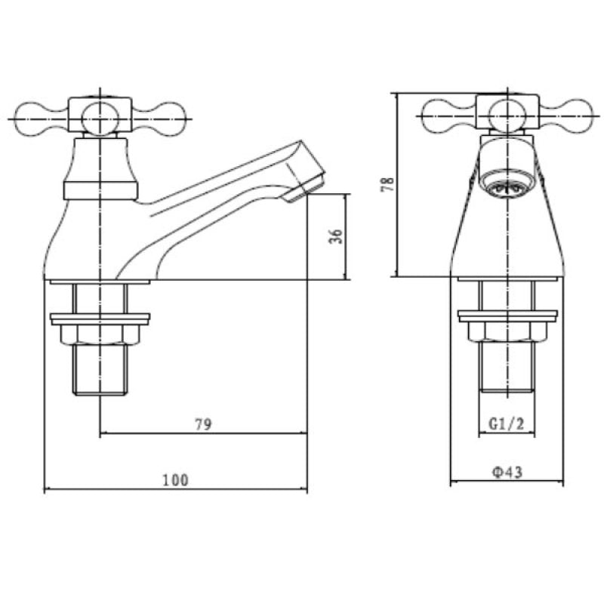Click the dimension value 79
click(202, 424)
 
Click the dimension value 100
click(174, 479)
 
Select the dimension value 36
click(337, 236)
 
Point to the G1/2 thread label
click(506, 424)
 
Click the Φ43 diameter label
click(507, 472)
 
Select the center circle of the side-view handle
click(100, 118)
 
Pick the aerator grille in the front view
click(507, 186)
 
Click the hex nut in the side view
click(100, 332)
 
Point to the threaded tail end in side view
click(100, 374)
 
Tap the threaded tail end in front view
click(507, 374)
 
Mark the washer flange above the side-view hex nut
click(100, 317)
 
